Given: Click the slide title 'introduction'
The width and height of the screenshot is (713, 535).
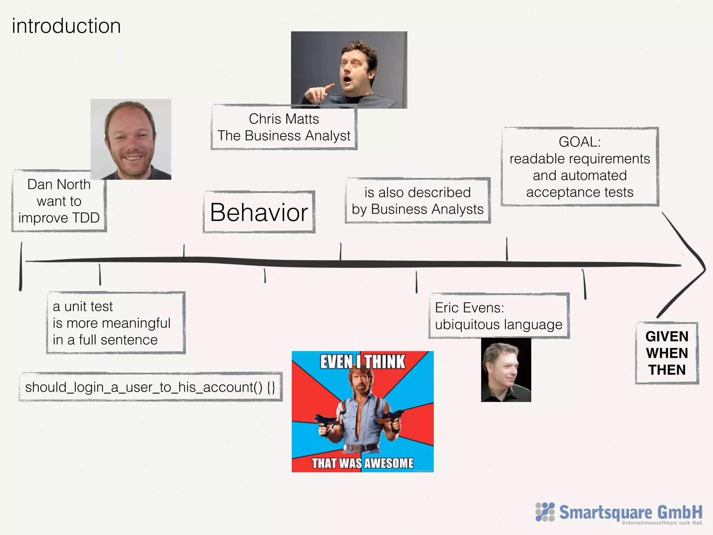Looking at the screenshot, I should tap(66, 26).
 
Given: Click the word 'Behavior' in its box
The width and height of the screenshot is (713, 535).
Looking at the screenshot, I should tap(259, 212).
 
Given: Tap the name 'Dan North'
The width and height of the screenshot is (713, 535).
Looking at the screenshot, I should tap(59, 184).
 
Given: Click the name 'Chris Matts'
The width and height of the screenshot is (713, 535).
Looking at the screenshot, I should tap(284, 119).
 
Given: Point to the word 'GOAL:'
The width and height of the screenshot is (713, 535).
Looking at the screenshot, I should tap(580, 142).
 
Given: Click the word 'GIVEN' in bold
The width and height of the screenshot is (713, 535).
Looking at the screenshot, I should tap(667, 336).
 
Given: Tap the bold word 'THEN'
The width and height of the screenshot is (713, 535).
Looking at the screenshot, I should tap(667, 370).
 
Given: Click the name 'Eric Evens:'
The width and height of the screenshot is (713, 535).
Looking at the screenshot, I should tap(469, 308).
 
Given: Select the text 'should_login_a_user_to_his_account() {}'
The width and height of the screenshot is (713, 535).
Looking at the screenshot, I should tap(150, 387).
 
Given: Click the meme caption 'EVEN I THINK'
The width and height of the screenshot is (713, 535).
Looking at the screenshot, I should tap(362, 362).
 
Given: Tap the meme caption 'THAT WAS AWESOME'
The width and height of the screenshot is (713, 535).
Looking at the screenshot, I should tap(362, 463).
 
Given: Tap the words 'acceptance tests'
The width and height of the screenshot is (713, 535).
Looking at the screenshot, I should tap(580, 192).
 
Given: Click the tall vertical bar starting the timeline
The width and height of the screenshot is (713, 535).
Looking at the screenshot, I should tap(21, 266).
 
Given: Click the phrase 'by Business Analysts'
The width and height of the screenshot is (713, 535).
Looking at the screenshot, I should tap(417, 209).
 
